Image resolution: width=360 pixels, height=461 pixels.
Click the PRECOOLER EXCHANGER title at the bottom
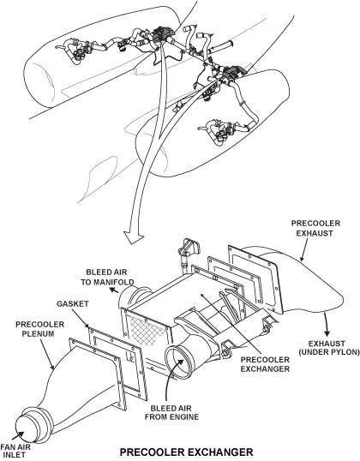[187, 452]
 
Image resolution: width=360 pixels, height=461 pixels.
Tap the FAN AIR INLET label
[15, 451]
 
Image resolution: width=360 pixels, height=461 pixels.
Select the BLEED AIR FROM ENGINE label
[171, 412]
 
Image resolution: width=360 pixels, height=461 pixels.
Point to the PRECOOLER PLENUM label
[39, 329]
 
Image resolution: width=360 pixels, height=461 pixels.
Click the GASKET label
[73, 303]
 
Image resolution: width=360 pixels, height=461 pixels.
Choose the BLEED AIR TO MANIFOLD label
[107, 277]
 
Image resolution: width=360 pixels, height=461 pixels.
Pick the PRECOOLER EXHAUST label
[315, 228]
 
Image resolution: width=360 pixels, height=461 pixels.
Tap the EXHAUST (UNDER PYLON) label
[329, 348]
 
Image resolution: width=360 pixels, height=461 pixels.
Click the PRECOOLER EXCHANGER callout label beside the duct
[265, 364]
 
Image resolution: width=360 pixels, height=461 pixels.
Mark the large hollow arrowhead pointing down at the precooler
[134, 236]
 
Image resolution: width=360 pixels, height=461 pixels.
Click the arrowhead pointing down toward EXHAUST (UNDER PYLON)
[327, 332]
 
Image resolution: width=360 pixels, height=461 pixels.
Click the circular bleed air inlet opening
[177, 361]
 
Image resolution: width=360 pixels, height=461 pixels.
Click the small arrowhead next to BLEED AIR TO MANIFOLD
[113, 290]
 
